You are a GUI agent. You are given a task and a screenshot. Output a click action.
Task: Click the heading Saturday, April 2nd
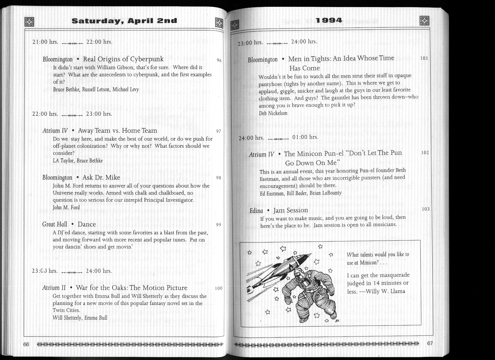(x=124, y=21)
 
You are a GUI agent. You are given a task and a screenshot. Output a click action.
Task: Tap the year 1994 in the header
(x=329, y=20)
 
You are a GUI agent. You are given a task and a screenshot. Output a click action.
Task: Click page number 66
(x=26, y=344)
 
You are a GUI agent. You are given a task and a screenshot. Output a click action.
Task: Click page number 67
(x=430, y=343)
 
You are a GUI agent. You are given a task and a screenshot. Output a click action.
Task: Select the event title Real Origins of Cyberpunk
(x=123, y=59)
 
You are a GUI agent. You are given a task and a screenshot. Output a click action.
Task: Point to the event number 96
(x=219, y=60)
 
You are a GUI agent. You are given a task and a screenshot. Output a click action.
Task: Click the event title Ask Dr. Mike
(x=101, y=177)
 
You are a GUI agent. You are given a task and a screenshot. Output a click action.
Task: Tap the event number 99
(x=219, y=225)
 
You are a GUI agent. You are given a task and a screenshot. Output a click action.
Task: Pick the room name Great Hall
(x=55, y=224)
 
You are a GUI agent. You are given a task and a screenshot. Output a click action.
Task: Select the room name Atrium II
(x=54, y=288)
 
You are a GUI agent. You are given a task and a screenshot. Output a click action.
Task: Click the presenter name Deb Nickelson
(x=273, y=113)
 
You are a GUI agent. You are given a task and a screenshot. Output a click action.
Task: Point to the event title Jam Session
(x=291, y=210)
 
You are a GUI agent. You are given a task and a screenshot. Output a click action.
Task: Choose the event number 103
(x=426, y=209)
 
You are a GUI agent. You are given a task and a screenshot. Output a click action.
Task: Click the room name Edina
(x=256, y=211)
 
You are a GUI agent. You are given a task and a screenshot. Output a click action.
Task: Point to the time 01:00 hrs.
(x=305, y=137)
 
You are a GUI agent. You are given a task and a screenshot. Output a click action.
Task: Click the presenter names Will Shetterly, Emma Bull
(x=80, y=318)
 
